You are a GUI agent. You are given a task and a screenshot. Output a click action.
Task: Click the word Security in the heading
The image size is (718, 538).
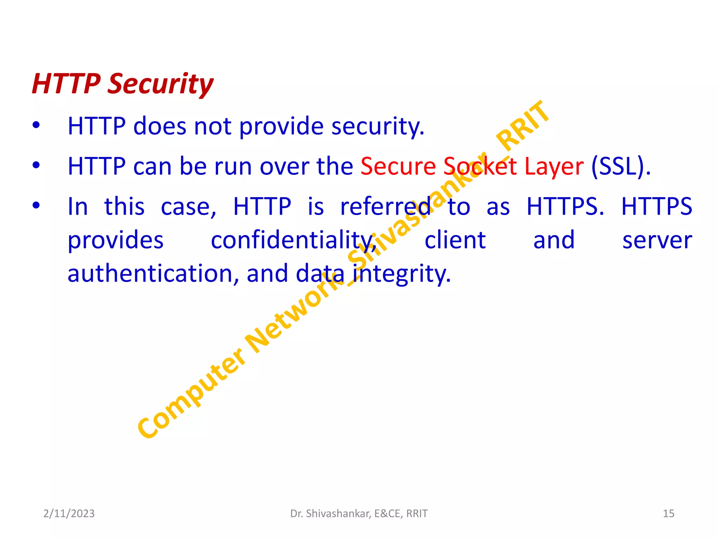click(160, 84)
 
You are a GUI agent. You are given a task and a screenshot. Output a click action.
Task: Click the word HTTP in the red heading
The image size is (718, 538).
click(66, 84)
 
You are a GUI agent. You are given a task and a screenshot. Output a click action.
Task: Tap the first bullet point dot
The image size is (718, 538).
click(36, 125)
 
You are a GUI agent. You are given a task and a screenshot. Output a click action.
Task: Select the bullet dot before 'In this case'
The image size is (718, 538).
click(36, 205)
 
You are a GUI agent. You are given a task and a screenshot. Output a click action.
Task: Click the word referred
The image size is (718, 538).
click(385, 206)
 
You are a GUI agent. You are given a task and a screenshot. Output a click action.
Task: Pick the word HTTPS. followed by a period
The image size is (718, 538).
click(565, 206)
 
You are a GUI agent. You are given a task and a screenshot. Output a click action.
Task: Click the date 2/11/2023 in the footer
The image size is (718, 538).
click(69, 513)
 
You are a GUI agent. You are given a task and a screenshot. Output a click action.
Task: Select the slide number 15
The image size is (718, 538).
click(668, 513)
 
